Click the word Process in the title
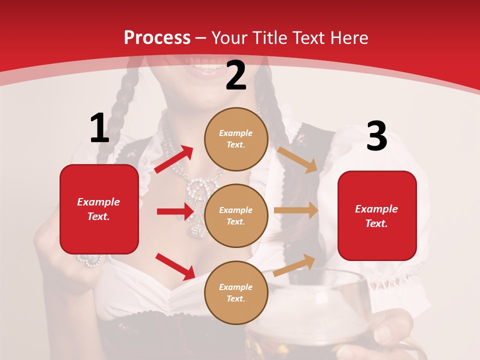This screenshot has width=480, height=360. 157,38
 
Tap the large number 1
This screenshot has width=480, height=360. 99,128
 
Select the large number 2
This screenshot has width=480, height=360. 236,75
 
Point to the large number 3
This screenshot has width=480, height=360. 376,136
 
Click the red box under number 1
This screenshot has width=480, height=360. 99,209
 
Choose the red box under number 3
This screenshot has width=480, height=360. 377,215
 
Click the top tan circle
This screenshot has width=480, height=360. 236,139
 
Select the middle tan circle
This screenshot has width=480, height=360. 236,215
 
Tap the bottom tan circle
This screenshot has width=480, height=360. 236,292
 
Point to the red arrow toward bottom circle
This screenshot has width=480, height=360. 175,266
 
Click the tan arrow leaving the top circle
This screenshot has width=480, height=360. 297,159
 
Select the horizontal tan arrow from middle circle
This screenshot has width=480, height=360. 296,210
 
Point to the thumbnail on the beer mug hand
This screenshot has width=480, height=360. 385,332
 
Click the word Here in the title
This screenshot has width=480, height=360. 348,38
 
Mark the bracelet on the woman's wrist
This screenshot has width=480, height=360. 90,260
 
